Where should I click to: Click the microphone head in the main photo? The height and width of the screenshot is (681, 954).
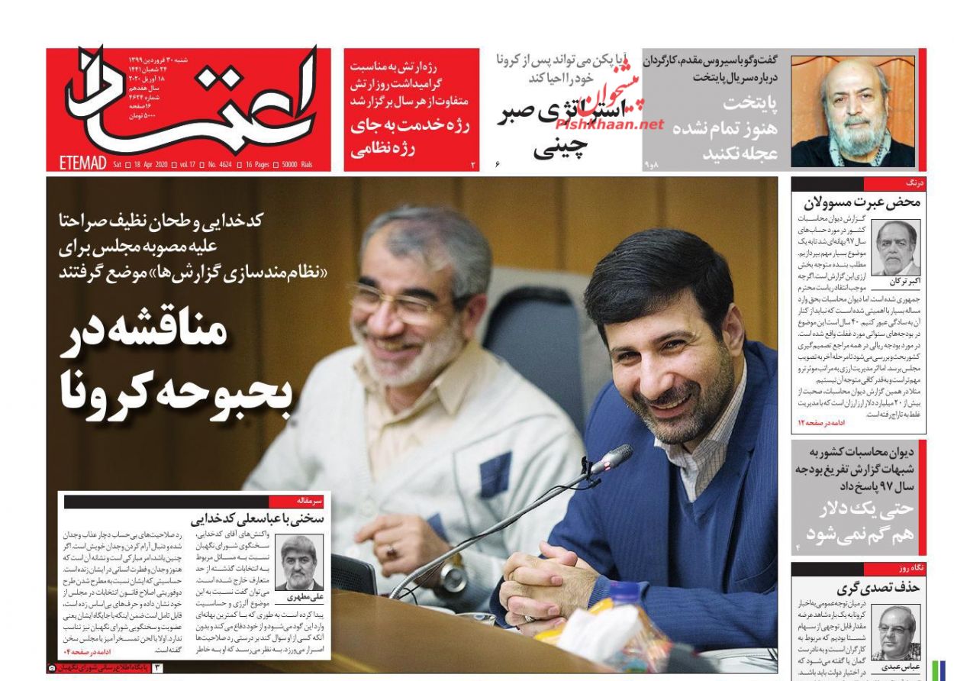coord(614,458)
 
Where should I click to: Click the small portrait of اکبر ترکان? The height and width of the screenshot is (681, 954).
coord(896,247)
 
